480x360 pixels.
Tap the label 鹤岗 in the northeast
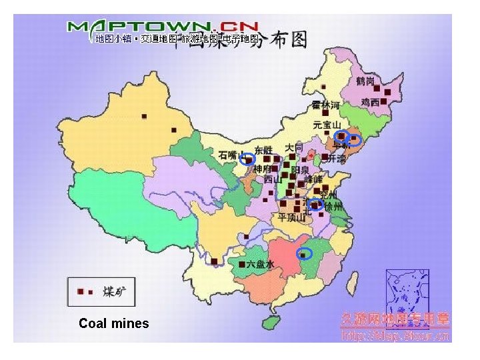click(366, 81)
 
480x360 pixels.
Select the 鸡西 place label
click(370, 103)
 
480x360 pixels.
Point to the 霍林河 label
click(325, 106)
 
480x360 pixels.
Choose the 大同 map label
click(294, 147)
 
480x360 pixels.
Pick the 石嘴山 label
click(229, 155)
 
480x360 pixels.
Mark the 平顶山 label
click(291, 217)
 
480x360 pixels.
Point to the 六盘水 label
click(261, 264)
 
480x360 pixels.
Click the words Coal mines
click(113, 324)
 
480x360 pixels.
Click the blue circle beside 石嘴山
click(247, 159)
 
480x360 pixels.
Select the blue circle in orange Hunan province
click(304, 253)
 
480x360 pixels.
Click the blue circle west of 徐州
click(317, 205)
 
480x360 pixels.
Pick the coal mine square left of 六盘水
click(241, 264)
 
